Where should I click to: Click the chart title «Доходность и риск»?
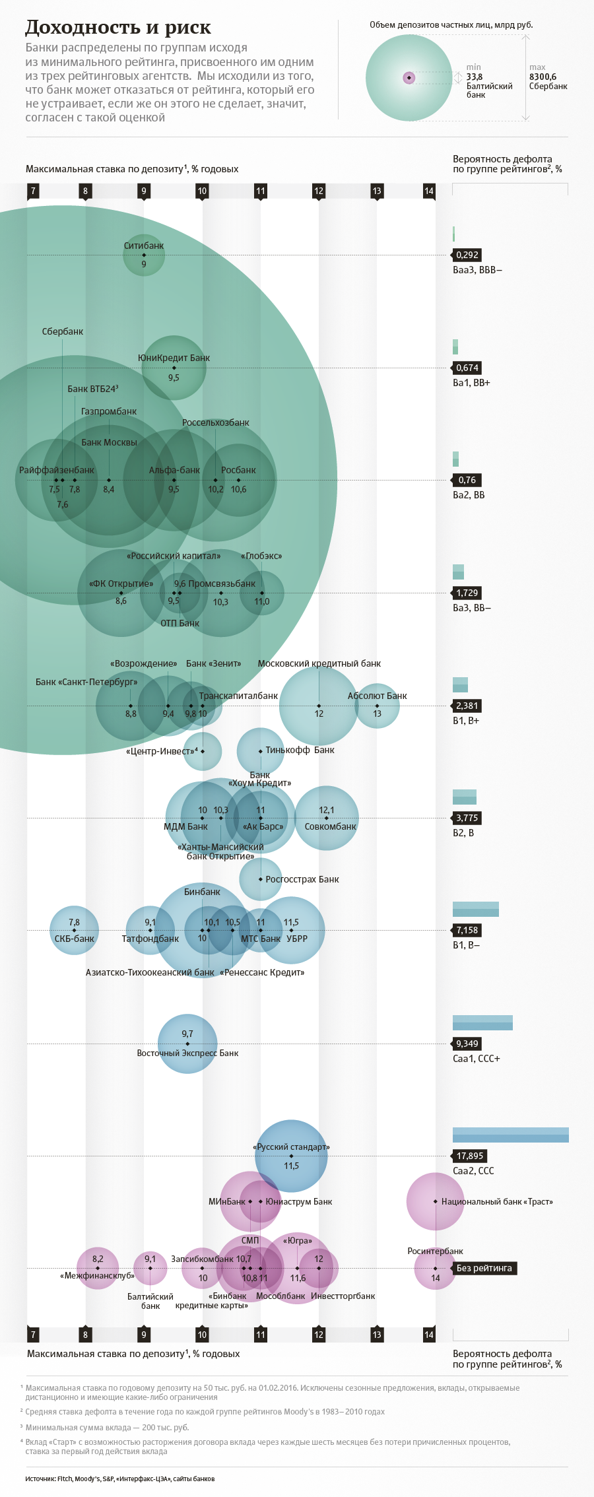click(118, 28)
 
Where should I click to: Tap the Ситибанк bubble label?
click(144, 246)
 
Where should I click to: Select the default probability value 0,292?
click(467, 255)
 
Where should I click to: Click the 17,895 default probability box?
click(470, 1156)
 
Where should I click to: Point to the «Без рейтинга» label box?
click(484, 1268)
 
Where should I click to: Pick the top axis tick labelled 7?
click(33, 191)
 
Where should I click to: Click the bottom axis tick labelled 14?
click(429, 1335)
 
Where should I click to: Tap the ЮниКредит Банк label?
click(174, 358)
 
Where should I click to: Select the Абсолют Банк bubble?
click(378, 706)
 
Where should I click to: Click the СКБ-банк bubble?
click(74, 931)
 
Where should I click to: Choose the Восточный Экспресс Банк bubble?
click(187, 1044)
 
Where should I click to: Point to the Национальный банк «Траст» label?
click(497, 1201)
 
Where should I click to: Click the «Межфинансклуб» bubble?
click(98, 1268)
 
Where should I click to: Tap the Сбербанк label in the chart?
click(63, 331)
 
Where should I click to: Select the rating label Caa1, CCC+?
click(477, 1059)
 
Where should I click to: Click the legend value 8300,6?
click(543, 77)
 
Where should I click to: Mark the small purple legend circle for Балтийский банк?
click(409, 78)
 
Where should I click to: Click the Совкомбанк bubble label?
click(330, 826)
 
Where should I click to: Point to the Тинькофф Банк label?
click(300, 750)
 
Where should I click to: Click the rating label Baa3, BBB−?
click(477, 270)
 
